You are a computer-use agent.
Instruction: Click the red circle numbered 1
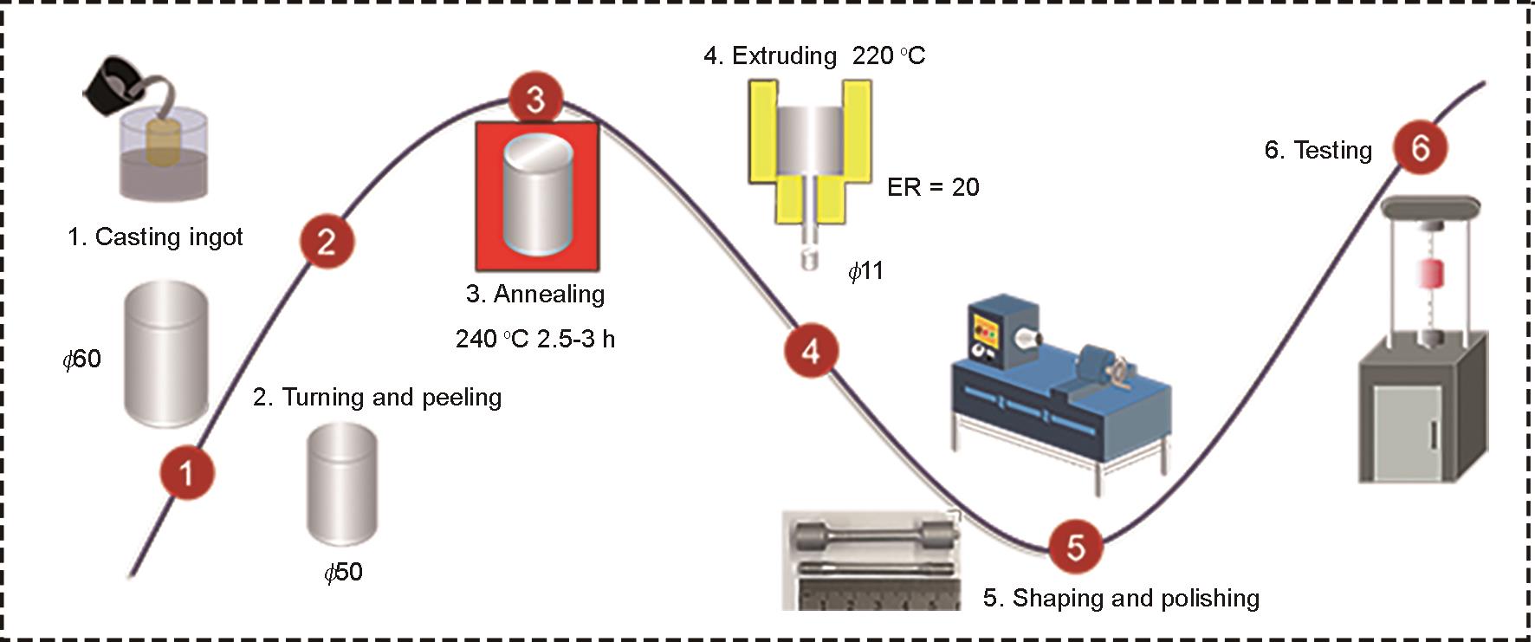click(x=186, y=473)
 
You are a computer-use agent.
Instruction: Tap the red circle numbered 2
click(x=327, y=241)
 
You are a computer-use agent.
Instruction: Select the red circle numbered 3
click(x=535, y=99)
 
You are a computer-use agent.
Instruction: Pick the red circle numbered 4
click(x=811, y=351)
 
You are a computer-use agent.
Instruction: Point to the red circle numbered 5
click(x=1075, y=547)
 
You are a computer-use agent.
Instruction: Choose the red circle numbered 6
click(x=1420, y=148)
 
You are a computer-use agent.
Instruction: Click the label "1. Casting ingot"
click(x=155, y=237)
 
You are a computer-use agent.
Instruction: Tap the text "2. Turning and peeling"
click(x=377, y=397)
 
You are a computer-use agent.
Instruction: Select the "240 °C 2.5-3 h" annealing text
click(x=534, y=339)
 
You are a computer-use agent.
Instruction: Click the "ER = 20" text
click(x=933, y=187)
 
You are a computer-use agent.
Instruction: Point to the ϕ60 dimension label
click(x=82, y=359)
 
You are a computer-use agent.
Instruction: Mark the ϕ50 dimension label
click(x=343, y=572)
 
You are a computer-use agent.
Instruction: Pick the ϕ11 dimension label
click(x=865, y=271)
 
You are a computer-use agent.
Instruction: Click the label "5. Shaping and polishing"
click(x=1121, y=598)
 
